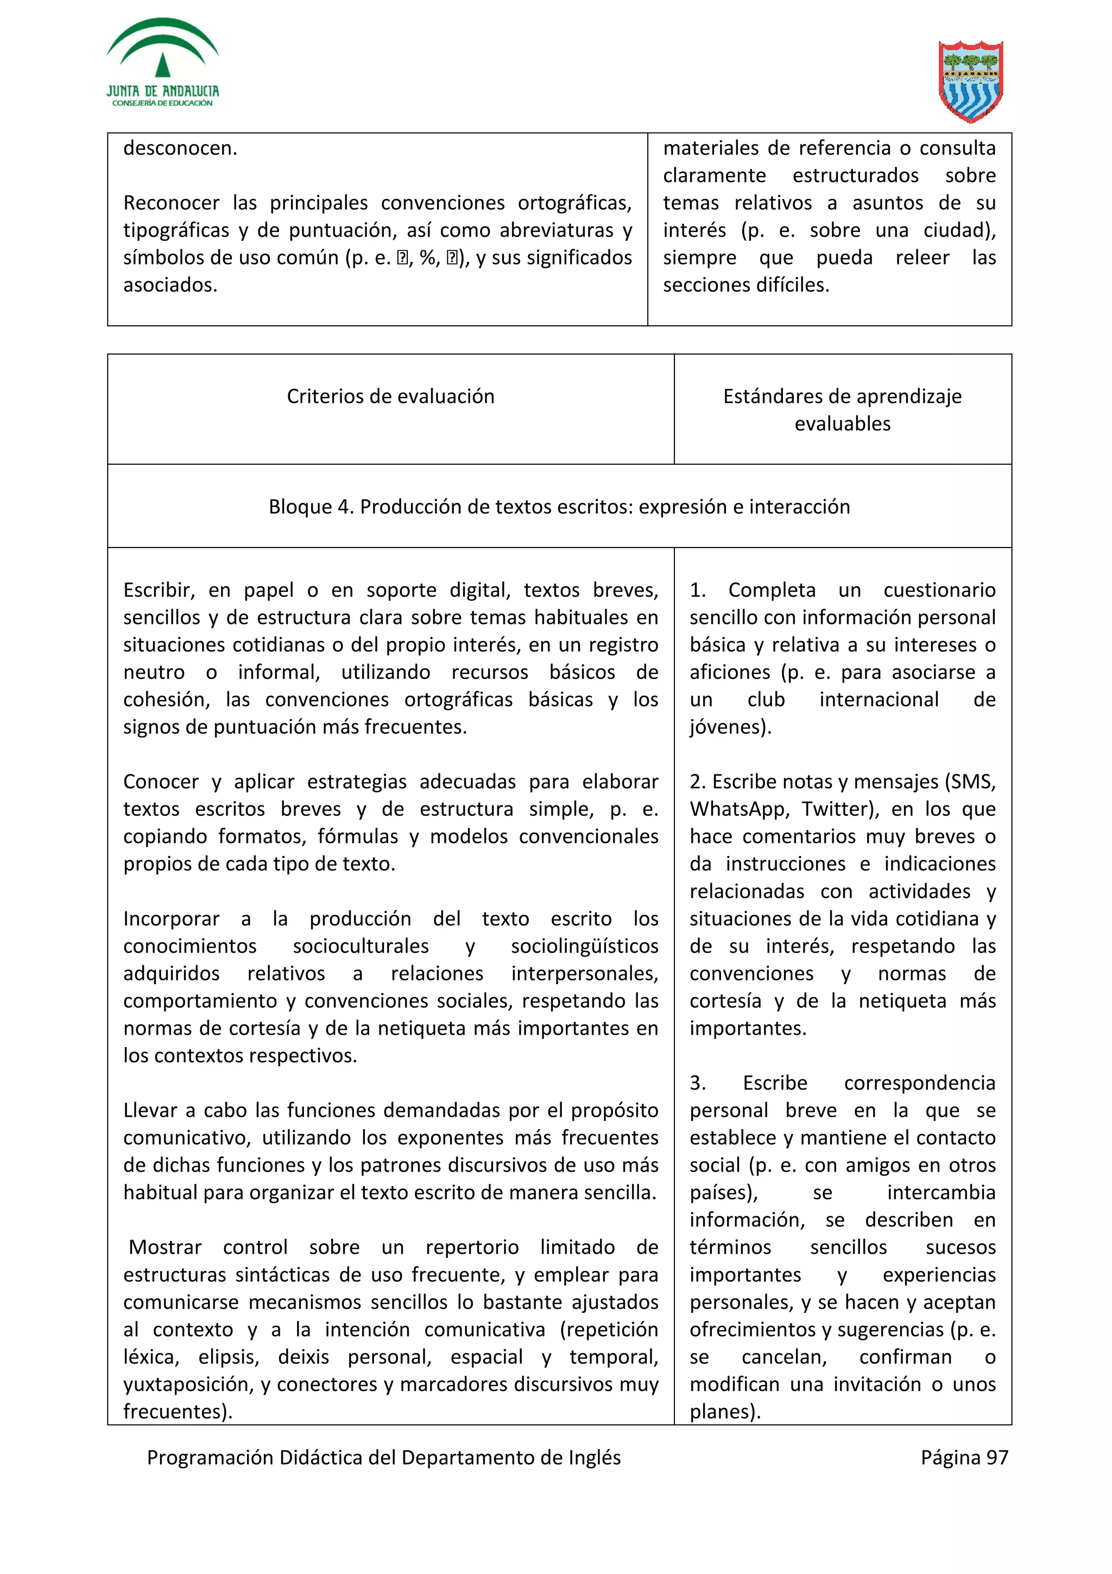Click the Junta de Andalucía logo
click(x=162, y=63)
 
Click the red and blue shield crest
click(x=970, y=81)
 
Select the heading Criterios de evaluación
click(x=390, y=396)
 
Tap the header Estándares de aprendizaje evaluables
click(x=842, y=410)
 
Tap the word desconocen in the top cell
click(x=180, y=148)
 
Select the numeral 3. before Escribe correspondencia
click(x=698, y=1083)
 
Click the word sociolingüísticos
click(x=584, y=946)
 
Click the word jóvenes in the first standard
click(x=727, y=727)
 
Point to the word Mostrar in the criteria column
click(x=165, y=1247)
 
